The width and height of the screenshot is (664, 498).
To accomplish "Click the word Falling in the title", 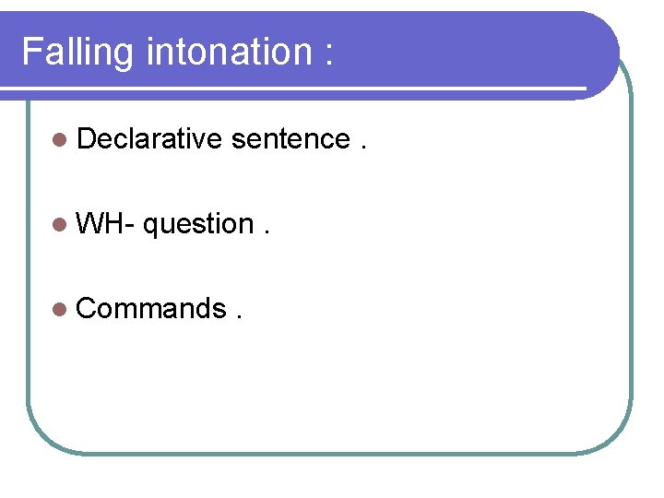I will (x=78, y=52).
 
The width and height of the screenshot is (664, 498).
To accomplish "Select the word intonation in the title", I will (x=227, y=52).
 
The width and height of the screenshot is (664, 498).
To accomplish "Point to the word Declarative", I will (x=149, y=139).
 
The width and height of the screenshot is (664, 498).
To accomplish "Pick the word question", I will (x=198, y=225).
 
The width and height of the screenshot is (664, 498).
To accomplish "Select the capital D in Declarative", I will (x=87, y=139).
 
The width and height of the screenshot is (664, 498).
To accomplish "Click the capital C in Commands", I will (x=87, y=309).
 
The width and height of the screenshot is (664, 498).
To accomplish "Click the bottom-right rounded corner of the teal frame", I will (x=618, y=439).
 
